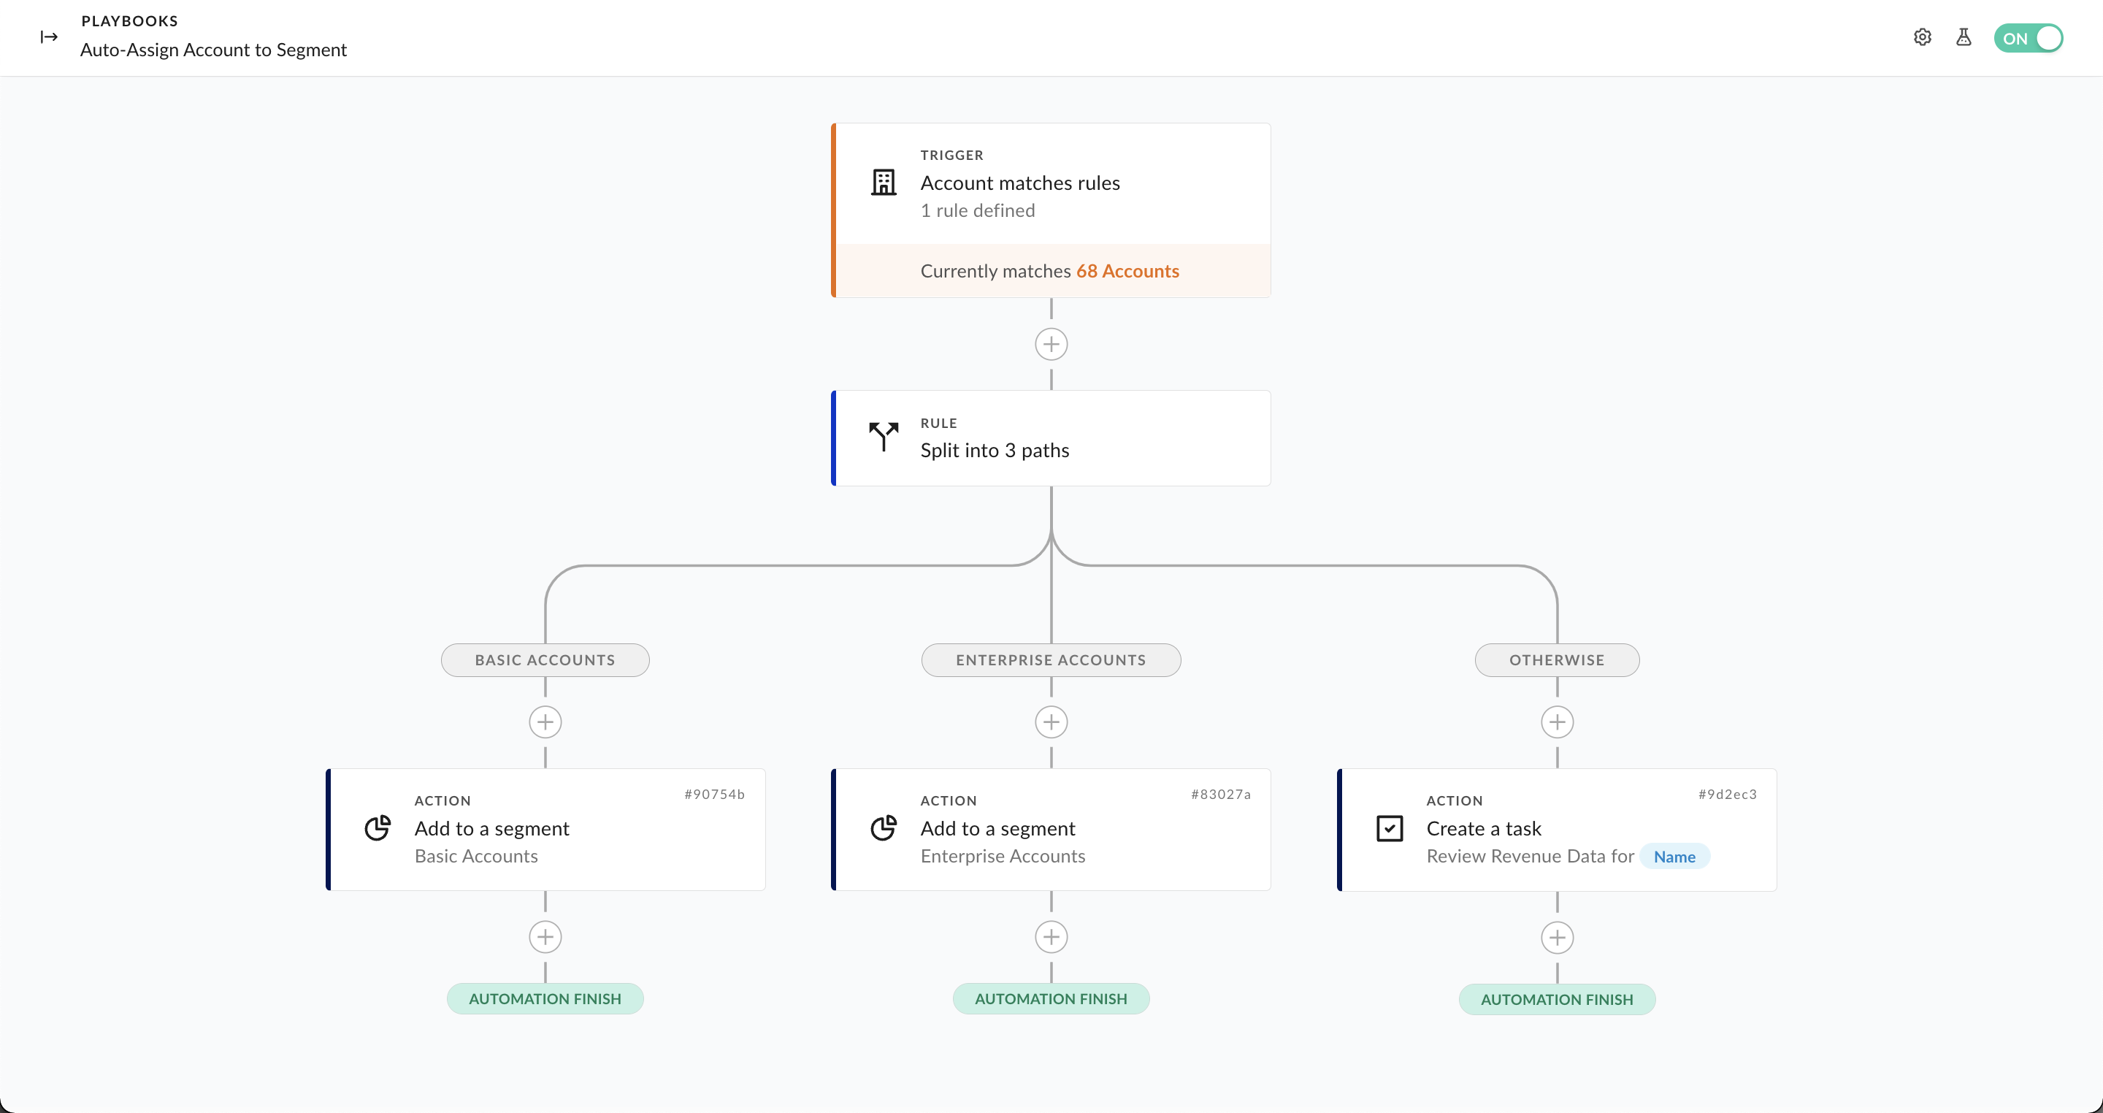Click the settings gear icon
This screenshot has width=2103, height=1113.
1923,37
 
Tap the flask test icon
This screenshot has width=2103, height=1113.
1964,37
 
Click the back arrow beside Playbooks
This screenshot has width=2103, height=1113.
49,37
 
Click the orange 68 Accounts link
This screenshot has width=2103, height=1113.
1127,271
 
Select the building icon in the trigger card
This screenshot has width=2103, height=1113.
884,182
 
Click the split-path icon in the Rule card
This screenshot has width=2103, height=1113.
884,437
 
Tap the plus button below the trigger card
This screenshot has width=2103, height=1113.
1051,345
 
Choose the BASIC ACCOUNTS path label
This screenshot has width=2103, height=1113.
545,659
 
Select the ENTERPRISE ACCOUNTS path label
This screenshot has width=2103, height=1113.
1051,659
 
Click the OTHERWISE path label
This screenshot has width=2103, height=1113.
1557,659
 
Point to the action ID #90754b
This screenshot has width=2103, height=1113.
714,795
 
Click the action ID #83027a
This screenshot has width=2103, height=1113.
1220,795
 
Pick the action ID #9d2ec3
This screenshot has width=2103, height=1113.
1728,795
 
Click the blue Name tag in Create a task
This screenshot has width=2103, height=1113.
1674,857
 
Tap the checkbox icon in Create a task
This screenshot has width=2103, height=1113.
1390,828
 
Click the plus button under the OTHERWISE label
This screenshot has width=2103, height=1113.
1557,722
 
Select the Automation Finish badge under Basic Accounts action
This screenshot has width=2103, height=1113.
545,998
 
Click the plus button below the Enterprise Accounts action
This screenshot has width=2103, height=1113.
1051,936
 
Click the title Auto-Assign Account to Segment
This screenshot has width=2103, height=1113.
213,50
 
